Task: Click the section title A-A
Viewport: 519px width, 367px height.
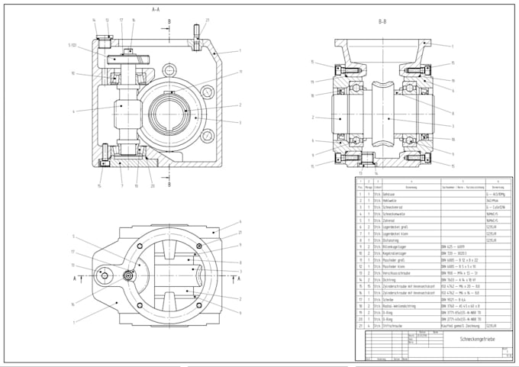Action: pos(155,9)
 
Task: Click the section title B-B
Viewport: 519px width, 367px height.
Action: pos(382,22)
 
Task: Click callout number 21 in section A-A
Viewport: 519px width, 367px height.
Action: pos(207,20)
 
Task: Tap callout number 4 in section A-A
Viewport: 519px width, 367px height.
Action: pos(74,111)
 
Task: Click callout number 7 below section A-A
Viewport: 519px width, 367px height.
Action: pos(121,185)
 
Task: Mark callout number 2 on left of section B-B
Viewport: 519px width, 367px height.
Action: pos(313,118)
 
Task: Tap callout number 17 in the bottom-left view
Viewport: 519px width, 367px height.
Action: pos(73,253)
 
